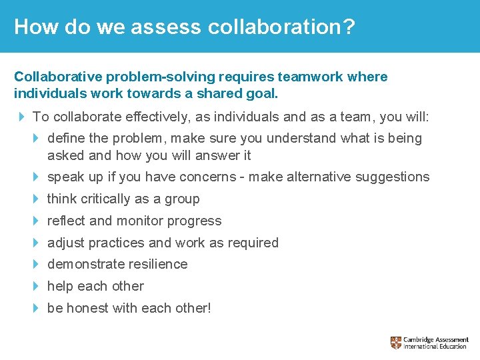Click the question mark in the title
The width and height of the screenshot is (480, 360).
tap(348, 27)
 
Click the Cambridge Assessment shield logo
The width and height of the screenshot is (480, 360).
tap(396, 343)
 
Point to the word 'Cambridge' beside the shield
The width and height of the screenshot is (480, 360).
tap(420, 339)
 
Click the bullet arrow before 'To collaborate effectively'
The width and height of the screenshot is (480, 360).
tap(22, 117)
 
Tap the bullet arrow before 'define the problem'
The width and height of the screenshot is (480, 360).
tap(37, 139)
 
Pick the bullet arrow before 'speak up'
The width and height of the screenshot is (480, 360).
tap(37, 177)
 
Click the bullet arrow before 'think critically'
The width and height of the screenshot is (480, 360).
tap(37, 199)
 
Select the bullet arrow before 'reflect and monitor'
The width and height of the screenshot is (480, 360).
tap(37, 221)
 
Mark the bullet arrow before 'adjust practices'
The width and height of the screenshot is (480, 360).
tap(37, 243)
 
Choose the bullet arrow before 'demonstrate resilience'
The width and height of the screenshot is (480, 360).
tap(37, 264)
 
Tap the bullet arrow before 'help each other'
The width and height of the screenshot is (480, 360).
tap(37, 286)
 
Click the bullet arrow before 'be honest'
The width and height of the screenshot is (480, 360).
tap(37, 308)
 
